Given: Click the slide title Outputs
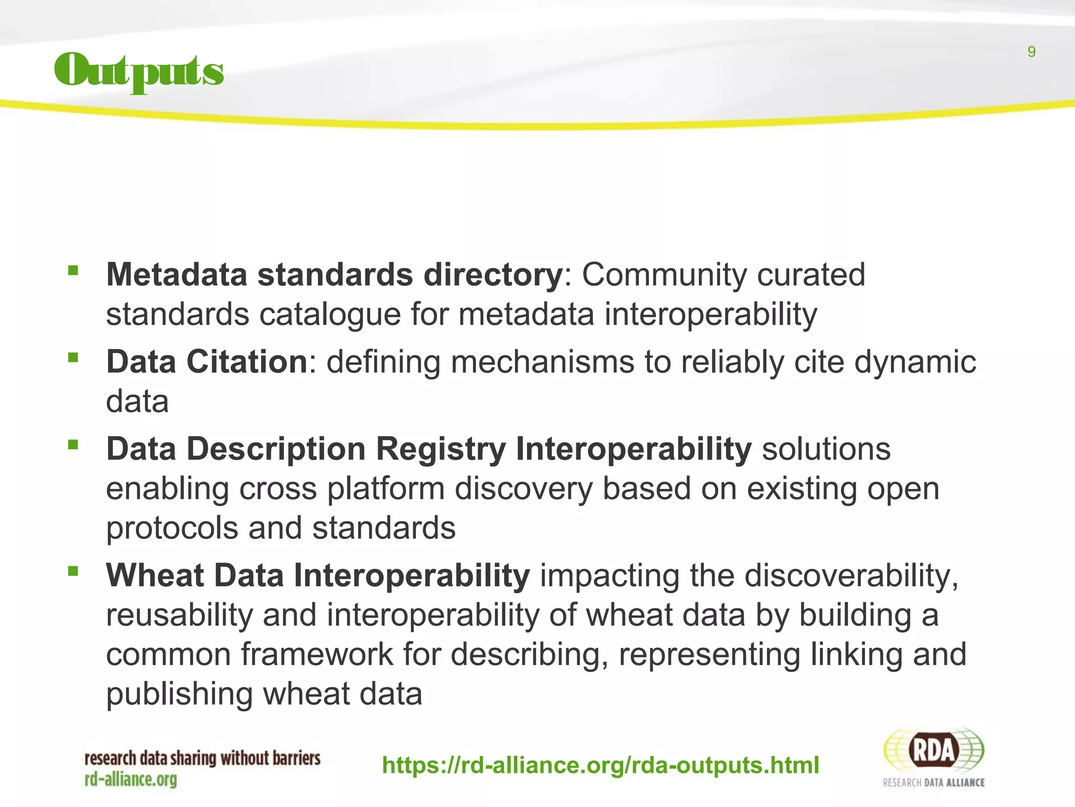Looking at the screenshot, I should click(139, 72).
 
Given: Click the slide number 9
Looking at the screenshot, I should click(1031, 52).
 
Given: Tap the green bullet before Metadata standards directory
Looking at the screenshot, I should click(73, 271).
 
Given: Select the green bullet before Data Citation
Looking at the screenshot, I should click(73, 358).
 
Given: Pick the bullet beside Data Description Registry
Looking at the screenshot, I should click(73, 446).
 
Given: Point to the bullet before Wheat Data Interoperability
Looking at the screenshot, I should click(73, 572).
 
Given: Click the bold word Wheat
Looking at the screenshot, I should click(154, 575).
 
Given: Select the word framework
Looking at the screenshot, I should click(317, 655).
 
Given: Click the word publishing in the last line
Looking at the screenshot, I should click(179, 695).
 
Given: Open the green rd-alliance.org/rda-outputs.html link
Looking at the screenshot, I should click(600, 765).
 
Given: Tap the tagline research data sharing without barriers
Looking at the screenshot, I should click(202, 759).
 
